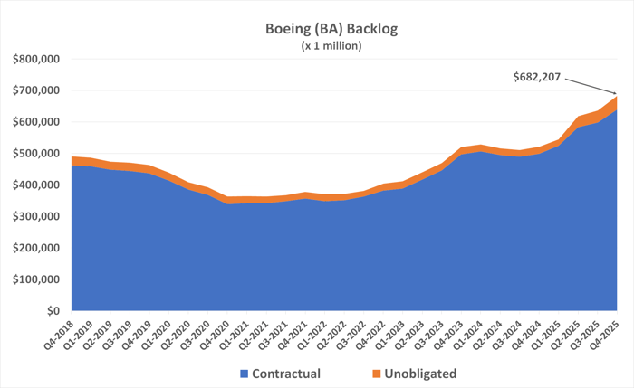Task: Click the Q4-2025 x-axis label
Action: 615,333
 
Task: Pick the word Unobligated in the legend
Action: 420,373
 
